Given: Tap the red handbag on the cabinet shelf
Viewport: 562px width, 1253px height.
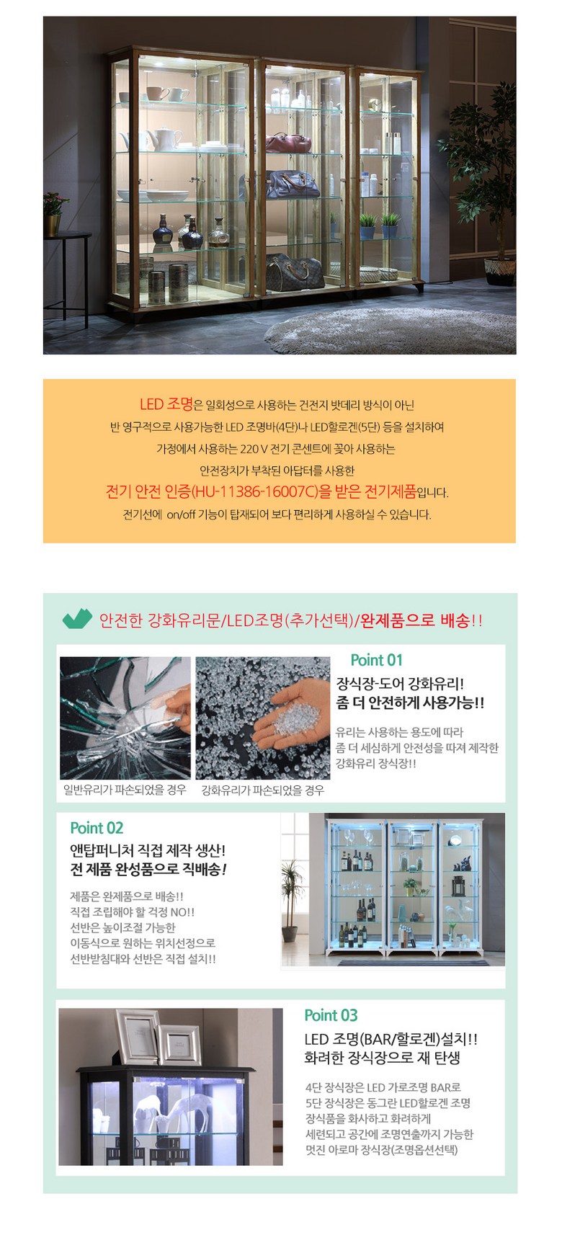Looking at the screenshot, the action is [288, 142].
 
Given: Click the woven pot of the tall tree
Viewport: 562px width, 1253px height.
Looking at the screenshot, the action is [500, 272].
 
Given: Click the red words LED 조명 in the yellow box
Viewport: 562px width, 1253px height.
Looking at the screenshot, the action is [166, 404].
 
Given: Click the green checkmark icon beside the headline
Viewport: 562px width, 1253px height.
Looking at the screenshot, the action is [77, 619].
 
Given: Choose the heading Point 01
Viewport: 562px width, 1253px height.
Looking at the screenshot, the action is [376, 660].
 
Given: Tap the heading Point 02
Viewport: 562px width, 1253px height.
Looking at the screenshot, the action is [97, 828].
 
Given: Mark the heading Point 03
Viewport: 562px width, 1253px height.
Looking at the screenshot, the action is [331, 1015].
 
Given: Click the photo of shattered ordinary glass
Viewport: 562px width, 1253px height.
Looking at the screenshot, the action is [125, 718].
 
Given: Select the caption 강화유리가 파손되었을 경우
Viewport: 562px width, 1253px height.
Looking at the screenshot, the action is [262, 790].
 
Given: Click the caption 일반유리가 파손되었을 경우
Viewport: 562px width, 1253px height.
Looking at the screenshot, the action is [125, 790].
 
